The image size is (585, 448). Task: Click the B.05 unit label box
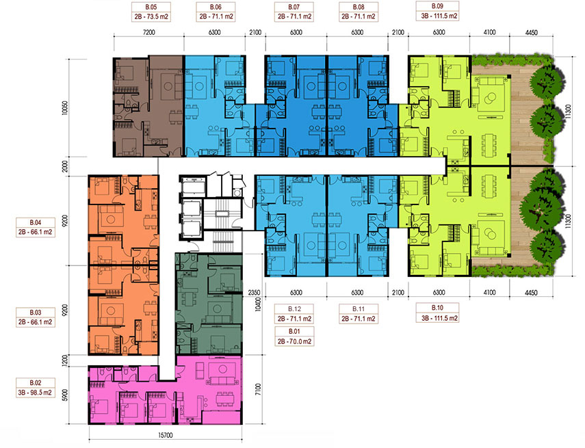coord(151,12)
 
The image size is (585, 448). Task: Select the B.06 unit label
coord(216,12)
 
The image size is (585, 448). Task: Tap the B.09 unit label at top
coord(437,11)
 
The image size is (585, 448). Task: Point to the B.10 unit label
coord(437,313)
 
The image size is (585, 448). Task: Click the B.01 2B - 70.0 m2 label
coord(294,336)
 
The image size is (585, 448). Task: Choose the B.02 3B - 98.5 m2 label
coord(36,388)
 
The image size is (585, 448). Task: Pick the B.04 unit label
coord(36,227)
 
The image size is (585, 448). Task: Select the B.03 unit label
coord(36,317)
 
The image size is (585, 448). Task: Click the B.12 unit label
coord(294,314)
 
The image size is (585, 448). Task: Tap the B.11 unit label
coord(359,314)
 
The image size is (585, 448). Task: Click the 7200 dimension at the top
coord(148,32)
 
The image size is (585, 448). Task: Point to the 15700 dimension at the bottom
coord(166,435)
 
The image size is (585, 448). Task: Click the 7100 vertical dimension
coord(258,390)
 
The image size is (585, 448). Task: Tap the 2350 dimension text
coord(254,293)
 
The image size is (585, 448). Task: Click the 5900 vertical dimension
coord(65,395)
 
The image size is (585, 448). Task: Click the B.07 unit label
coord(294,12)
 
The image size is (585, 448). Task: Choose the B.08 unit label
coord(359,12)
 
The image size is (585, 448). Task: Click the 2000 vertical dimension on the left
coord(65,166)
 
